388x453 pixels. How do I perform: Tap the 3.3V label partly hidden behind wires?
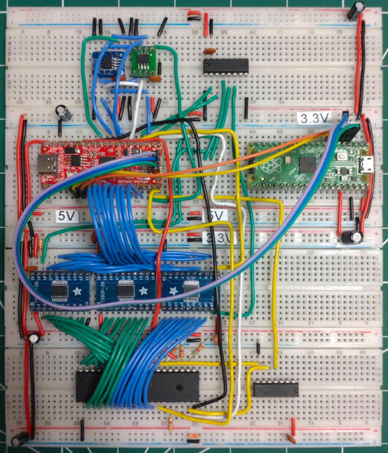(219, 238)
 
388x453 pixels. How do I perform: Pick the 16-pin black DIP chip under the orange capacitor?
(226, 66)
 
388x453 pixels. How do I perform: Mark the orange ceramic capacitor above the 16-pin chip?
(209, 51)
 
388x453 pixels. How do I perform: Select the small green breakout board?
(144, 61)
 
